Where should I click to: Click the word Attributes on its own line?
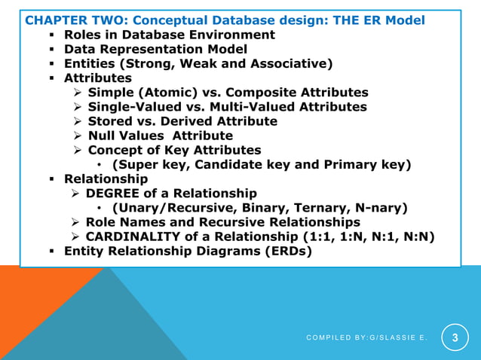point(97,78)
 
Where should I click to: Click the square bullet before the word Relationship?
point(52,179)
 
